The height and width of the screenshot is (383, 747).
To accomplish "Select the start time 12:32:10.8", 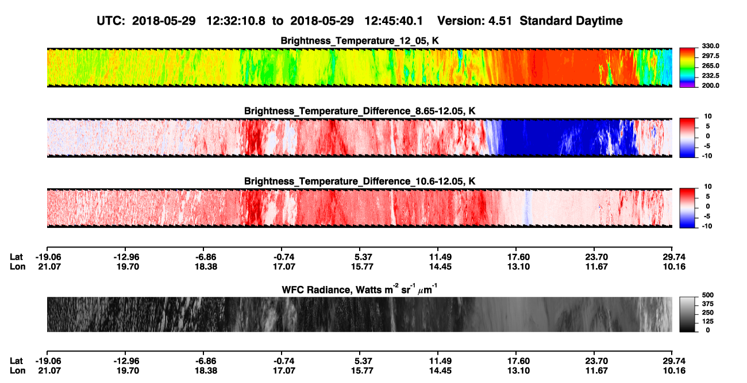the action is click(x=236, y=21).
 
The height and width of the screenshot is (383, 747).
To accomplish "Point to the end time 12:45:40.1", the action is click(x=394, y=21).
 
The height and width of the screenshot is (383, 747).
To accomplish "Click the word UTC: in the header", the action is click(x=111, y=21).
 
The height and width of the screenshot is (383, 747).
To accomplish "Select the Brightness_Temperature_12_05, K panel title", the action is click(x=360, y=41).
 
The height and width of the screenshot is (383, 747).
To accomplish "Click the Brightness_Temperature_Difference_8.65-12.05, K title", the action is click(x=360, y=111).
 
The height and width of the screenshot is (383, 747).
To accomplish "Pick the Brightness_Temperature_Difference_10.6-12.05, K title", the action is click(x=360, y=181).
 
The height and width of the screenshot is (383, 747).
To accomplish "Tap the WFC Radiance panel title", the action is click(x=360, y=289).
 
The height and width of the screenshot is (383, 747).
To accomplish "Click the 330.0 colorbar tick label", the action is click(x=710, y=46).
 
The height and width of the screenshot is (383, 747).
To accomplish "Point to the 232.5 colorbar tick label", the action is click(x=710, y=76).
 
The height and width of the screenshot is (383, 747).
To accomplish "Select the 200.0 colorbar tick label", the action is click(x=710, y=86).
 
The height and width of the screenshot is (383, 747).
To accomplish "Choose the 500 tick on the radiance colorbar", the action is click(x=708, y=295).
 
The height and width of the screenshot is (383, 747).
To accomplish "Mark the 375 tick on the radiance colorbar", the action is click(x=708, y=304).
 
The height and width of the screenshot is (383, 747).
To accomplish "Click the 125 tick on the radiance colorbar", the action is click(x=708, y=322).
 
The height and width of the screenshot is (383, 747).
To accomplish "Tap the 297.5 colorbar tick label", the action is click(x=710, y=56).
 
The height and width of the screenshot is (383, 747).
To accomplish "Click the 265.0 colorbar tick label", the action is click(x=710, y=66).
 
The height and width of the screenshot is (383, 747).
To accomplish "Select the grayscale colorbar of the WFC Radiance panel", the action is click(x=687, y=314).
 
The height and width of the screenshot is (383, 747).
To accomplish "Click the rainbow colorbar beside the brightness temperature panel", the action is click(x=687, y=68).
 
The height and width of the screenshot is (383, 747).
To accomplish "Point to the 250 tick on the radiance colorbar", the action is click(x=708, y=313).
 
